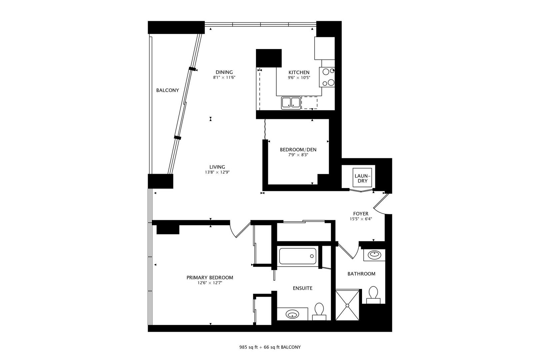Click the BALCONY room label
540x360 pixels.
point(168,90)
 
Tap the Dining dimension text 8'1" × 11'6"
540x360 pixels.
point(224,78)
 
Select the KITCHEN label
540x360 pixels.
point(299,72)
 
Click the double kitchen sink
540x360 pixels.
point(290,103)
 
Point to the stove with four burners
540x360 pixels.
point(327,77)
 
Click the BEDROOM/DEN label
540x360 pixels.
point(298,150)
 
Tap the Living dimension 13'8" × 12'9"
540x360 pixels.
point(217,172)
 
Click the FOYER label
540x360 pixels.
point(361,214)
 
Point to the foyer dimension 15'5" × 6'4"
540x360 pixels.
point(361,219)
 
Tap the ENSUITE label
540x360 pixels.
point(303,288)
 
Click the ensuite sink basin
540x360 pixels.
point(293,314)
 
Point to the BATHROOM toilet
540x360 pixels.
point(373,294)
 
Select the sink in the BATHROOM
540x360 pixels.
point(374,255)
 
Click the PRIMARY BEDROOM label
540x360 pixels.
point(210,278)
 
